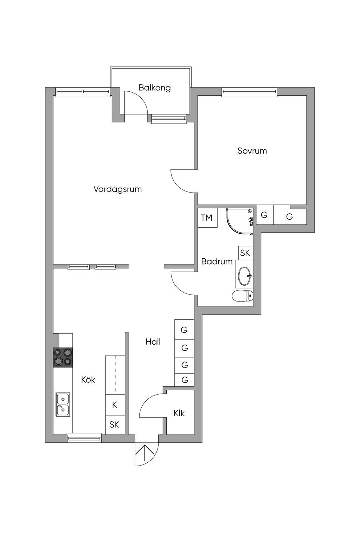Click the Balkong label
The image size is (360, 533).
[x=155, y=87]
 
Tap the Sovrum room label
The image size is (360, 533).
[x=252, y=151]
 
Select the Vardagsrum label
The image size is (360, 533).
[x=117, y=189]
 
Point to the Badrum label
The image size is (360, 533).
[x=217, y=261]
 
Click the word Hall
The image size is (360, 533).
[x=153, y=342]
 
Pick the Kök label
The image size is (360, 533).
[x=88, y=380]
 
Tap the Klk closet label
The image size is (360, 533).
[x=179, y=413]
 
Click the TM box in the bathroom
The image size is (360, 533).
[x=207, y=218]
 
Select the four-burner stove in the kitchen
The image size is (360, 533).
[x=63, y=357]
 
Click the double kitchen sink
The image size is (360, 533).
[x=63, y=404]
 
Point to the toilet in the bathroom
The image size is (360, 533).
[x=243, y=296]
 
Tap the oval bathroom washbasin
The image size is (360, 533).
[x=245, y=276]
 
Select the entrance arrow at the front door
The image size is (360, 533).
[x=147, y=454]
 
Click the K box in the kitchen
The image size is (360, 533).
[x=115, y=405]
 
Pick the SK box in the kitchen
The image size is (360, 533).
[x=115, y=425]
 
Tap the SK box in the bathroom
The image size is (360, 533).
[x=245, y=253]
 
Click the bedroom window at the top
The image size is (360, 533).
[x=249, y=92]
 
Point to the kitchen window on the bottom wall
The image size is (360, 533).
[x=84, y=438]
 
